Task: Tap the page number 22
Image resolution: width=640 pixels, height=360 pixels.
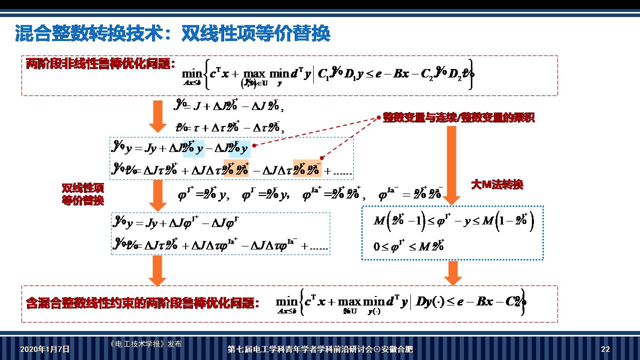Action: point(605,349)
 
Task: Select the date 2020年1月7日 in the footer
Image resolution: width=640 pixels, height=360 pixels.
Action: point(45,349)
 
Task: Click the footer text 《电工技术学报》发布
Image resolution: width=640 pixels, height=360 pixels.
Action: point(146,344)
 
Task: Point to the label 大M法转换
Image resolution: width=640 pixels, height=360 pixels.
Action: point(497,184)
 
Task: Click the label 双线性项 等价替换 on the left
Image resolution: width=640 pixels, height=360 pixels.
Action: point(83,194)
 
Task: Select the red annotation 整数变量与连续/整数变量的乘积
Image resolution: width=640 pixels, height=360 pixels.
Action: point(458,118)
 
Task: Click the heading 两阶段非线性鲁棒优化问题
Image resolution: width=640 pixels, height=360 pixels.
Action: point(100,64)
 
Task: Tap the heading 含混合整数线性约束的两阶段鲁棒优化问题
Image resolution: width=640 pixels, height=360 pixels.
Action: point(143,303)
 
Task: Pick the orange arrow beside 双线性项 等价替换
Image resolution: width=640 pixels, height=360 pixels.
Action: point(158,195)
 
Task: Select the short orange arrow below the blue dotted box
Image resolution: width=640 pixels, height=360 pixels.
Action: point(453,272)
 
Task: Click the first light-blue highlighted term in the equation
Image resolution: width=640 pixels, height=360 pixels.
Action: point(194,148)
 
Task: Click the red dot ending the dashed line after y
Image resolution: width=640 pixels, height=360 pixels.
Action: point(255,145)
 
